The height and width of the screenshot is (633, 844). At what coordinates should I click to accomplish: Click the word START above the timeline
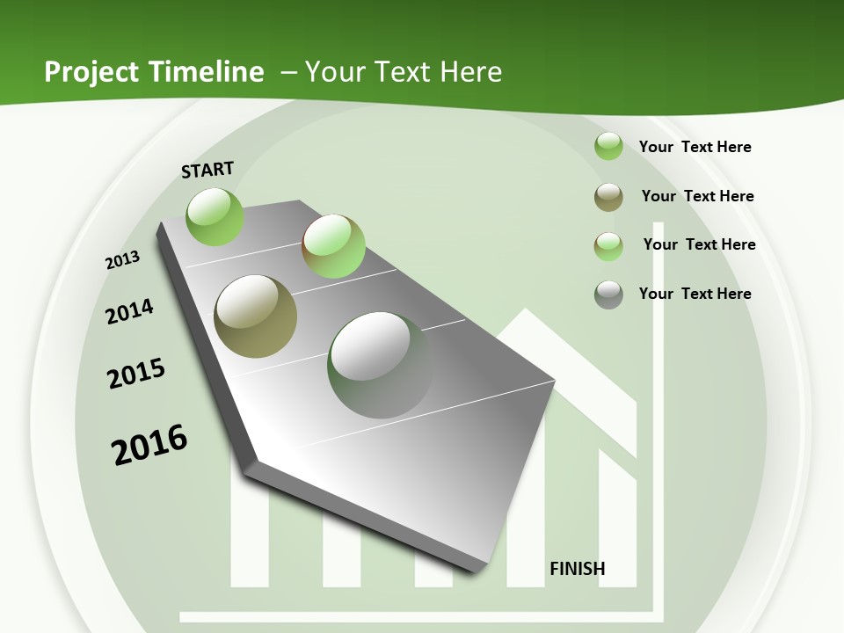point(207,169)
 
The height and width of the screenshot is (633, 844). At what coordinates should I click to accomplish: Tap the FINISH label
point(578,569)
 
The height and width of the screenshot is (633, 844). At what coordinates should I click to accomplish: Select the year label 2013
point(122,260)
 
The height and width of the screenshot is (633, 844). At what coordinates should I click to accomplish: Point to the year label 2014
point(129,311)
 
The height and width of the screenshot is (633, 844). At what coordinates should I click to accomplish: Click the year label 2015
point(136,374)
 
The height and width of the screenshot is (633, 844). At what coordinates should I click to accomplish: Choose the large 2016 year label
point(149,445)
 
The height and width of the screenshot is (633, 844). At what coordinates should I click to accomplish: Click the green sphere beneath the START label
point(215,216)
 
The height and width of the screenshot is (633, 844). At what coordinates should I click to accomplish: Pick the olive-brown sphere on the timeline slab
point(256,316)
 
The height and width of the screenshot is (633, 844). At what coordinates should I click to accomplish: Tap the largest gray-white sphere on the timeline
point(380,365)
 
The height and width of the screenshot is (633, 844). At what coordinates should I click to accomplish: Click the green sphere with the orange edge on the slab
point(333,246)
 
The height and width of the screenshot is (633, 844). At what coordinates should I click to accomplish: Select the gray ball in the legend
point(608,295)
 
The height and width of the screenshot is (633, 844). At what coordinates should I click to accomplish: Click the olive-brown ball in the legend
point(608,197)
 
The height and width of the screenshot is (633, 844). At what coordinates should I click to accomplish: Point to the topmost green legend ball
point(608,147)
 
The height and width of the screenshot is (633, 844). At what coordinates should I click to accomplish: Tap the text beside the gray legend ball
point(695,294)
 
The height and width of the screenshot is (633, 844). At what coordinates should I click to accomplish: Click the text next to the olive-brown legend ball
point(697,196)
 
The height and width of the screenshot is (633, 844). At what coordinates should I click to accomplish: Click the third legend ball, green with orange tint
point(608,246)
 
